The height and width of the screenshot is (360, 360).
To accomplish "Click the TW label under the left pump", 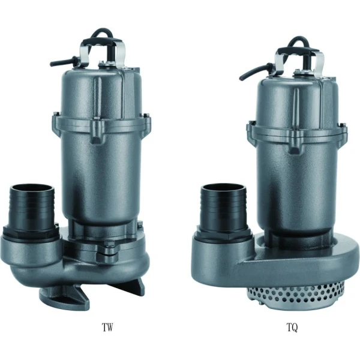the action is pyautogui.click(x=107, y=328).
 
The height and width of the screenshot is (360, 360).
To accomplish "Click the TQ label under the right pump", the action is pyautogui.click(x=292, y=328).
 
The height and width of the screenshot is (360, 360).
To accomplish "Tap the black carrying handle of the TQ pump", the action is pyautogui.click(x=298, y=50).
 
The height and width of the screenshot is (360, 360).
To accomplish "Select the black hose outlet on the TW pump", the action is pyautogui.click(x=32, y=208).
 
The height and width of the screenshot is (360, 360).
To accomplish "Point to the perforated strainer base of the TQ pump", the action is pyautogui.click(x=295, y=294).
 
